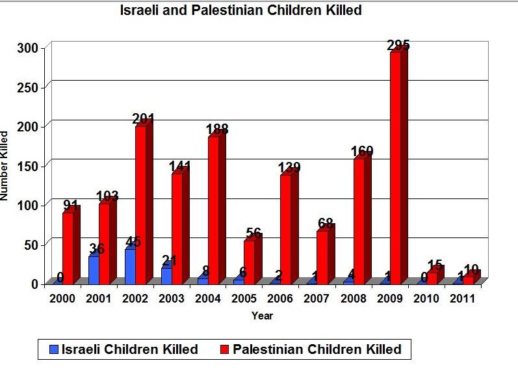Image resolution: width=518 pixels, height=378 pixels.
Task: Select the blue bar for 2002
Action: point(130,266)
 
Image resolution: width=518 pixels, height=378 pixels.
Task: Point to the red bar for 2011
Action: point(468,280)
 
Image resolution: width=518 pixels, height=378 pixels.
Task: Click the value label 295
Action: point(398,46)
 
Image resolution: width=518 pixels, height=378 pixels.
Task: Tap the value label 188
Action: point(216,129)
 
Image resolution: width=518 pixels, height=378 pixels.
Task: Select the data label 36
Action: point(96,249)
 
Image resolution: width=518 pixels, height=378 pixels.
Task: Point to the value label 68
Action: point(326,224)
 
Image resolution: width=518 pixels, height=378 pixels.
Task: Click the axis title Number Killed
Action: point(6,165)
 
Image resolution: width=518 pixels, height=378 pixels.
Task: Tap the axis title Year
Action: point(263,316)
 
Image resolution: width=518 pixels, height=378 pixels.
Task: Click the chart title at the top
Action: point(241,10)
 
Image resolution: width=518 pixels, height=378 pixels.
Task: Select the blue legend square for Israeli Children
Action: point(55,349)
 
